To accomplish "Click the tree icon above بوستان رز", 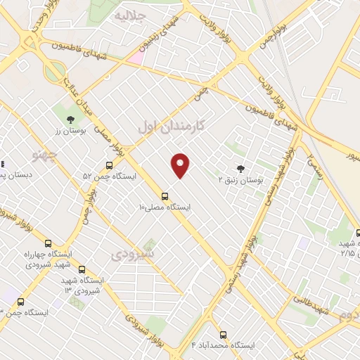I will coord(69,118).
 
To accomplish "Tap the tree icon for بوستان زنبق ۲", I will coord(241,168).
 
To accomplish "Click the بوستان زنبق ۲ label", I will coord(240,181).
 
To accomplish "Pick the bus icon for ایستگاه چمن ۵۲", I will coord(108,165).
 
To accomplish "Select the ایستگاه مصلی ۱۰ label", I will coord(165,207).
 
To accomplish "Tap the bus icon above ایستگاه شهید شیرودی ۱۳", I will coord(82,269).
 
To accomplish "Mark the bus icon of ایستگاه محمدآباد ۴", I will coord(223,335).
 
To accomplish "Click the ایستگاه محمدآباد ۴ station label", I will coord(223,346).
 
